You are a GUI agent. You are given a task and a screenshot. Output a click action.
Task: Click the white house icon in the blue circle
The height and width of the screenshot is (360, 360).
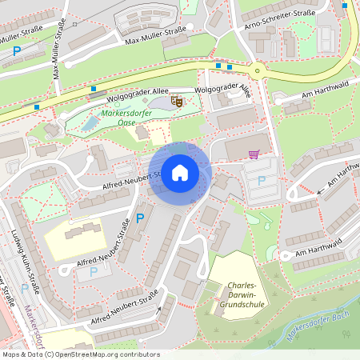179,173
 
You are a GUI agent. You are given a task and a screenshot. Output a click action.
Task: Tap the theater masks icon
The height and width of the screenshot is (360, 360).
177,102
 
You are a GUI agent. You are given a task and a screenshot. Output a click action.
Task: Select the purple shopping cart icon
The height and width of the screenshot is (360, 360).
254,154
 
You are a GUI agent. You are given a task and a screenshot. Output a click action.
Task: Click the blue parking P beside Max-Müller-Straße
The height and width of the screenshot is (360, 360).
17,51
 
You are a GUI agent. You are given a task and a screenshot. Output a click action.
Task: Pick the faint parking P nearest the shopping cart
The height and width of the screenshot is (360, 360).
261,180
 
